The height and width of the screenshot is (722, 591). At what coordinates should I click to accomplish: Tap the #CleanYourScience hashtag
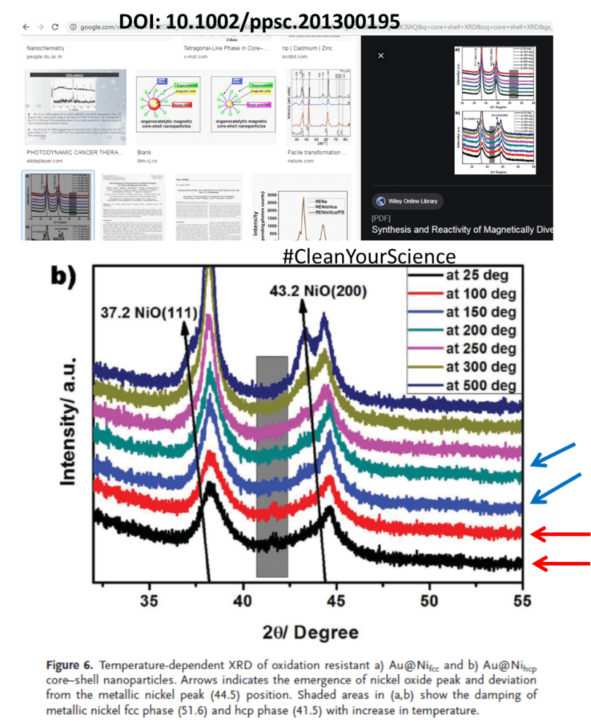[369, 255]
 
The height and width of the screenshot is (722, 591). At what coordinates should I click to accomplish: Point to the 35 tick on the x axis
[150, 601]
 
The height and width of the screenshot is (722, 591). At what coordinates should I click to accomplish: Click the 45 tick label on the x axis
[336, 601]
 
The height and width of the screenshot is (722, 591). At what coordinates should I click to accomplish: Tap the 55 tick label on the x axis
[521, 601]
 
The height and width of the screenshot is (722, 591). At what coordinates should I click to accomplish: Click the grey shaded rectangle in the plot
[272, 465]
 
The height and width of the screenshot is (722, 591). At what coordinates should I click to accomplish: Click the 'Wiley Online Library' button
[406, 201]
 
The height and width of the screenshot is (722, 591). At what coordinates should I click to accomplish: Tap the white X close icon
[381, 55]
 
